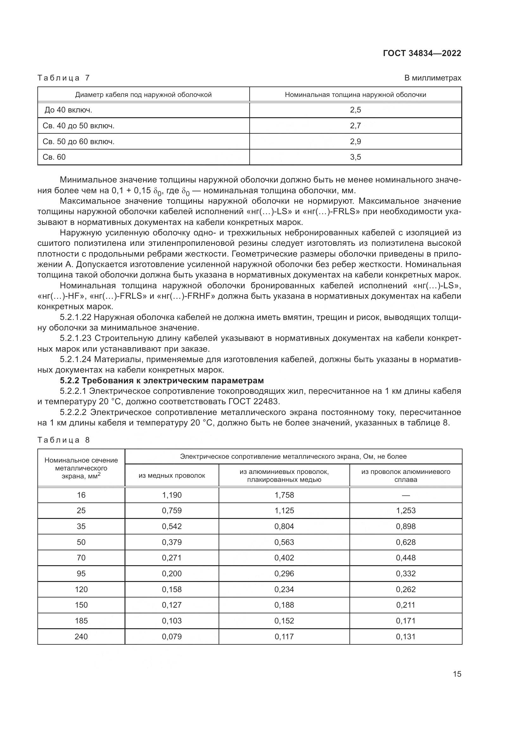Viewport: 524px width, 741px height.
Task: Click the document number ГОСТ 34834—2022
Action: pos(422,53)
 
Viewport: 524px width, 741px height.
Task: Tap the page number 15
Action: pos(457,674)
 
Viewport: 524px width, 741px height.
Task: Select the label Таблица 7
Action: pos(64,78)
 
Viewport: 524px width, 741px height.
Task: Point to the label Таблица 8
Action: pos(64,440)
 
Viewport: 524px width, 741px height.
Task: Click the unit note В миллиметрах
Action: pos(433,78)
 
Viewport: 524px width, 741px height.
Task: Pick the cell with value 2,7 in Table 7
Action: pos(355,125)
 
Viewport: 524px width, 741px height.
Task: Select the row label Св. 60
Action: pos(54,157)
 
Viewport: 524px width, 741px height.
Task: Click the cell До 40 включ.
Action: pos(68,110)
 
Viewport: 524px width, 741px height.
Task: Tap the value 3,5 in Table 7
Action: pos(355,157)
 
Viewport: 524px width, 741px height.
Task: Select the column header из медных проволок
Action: pos(172,476)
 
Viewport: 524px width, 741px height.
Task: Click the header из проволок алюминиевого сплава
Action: pos(406,476)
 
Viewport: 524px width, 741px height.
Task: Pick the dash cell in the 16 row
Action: pos(406,495)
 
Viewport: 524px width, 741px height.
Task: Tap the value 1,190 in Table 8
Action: pos(172,495)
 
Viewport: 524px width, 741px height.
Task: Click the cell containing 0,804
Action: pos(284,527)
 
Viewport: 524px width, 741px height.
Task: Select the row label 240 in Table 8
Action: pos(81,636)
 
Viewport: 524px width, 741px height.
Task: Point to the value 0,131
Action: pos(406,636)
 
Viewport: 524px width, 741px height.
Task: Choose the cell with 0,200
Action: pos(172,573)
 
